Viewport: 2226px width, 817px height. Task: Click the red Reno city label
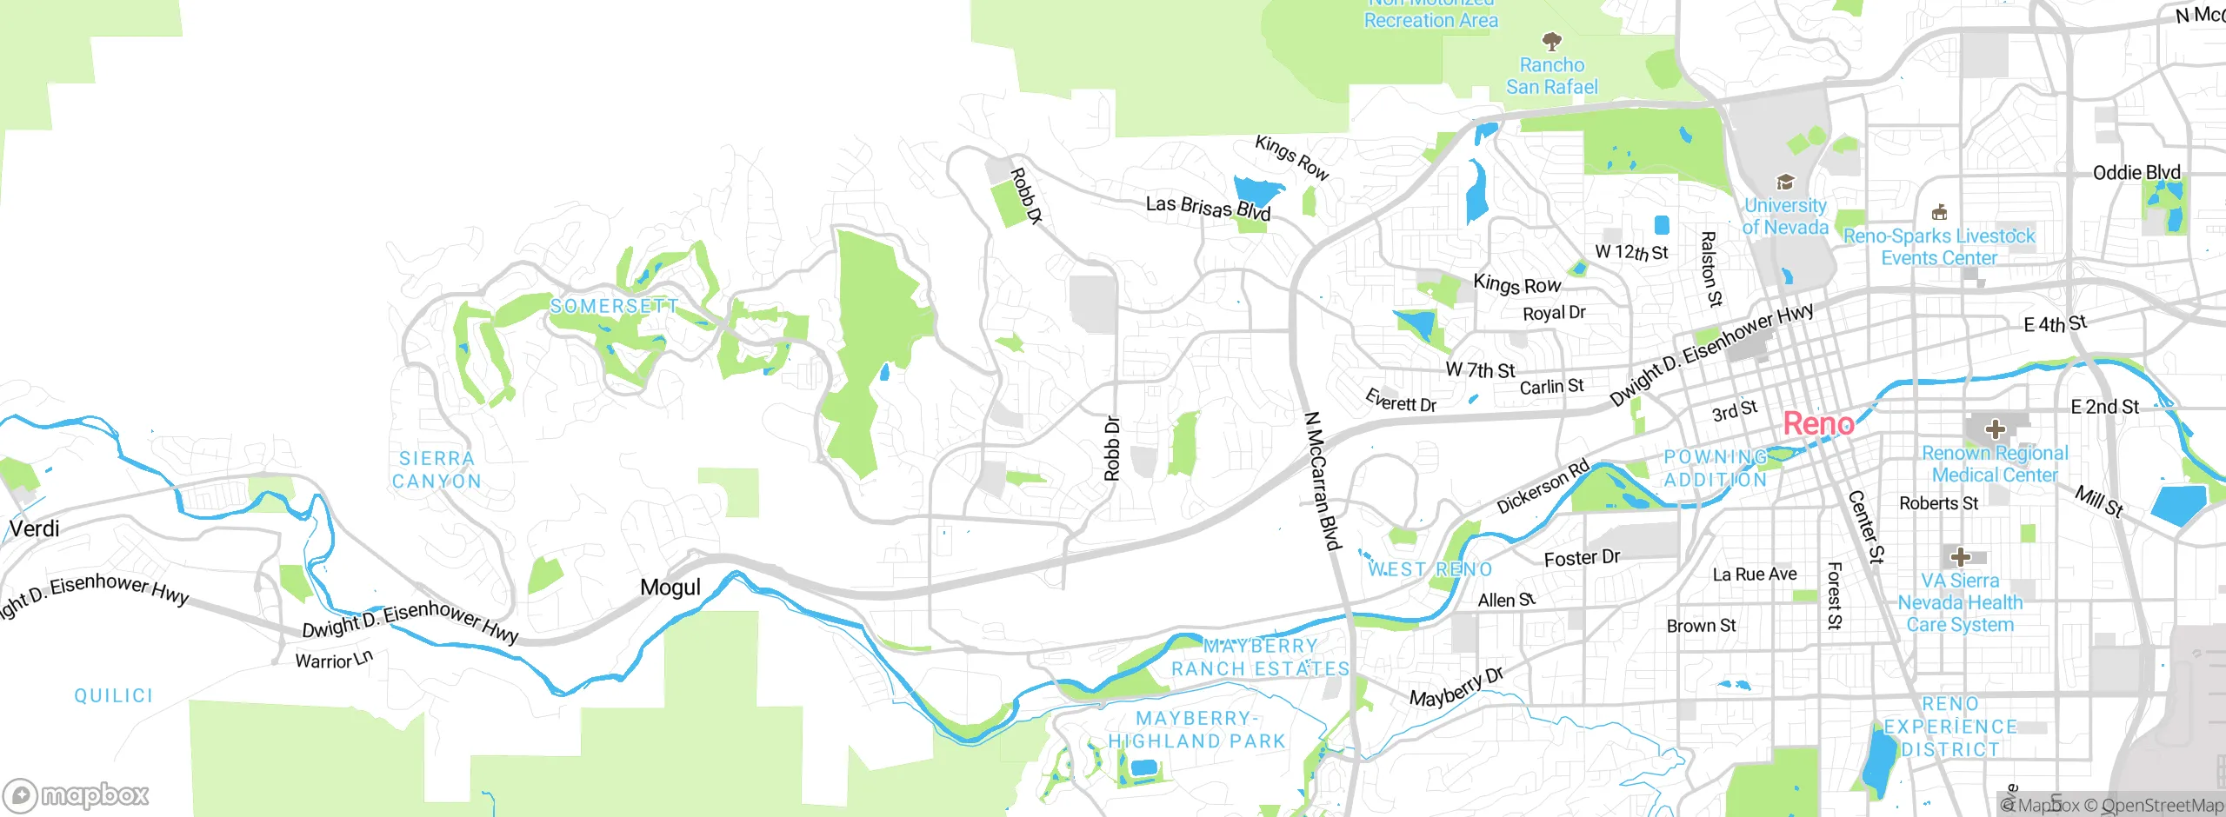coord(1818,424)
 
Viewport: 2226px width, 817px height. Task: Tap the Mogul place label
coord(670,588)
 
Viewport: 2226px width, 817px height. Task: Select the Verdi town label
coord(35,528)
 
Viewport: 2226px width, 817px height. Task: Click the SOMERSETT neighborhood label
coord(614,306)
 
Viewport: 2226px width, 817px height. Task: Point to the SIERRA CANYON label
coord(437,469)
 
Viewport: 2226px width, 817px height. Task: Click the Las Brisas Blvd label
coord(1208,208)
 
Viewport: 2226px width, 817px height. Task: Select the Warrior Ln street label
coord(334,660)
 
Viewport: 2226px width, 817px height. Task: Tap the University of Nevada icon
coord(1785,182)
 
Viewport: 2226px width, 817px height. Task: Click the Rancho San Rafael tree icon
coord(1551,41)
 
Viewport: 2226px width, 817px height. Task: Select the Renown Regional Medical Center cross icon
coord(1996,428)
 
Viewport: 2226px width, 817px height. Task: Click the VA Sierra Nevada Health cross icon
coord(1960,556)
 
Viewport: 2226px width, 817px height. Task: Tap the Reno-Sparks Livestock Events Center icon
coord(1939,213)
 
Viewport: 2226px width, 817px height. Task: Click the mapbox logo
coord(77,794)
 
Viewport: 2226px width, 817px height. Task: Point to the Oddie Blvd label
coord(2136,173)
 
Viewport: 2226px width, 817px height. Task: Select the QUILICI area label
coord(113,695)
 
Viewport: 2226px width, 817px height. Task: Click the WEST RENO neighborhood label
coord(1430,569)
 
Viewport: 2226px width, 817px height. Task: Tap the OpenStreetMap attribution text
coord(2161,806)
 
